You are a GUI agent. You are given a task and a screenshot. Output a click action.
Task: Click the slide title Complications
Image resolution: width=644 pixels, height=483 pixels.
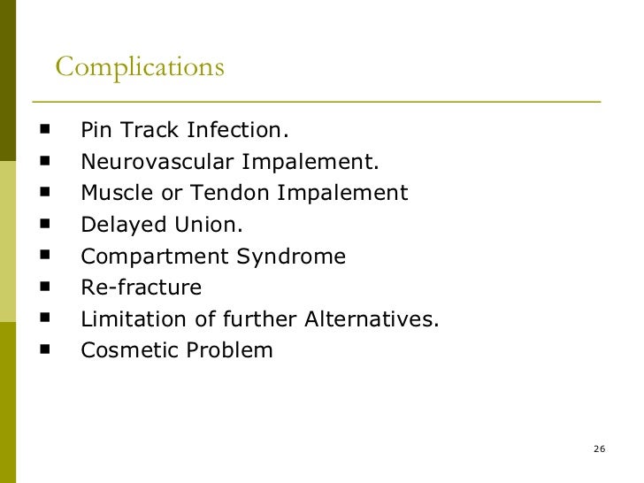pos(140,67)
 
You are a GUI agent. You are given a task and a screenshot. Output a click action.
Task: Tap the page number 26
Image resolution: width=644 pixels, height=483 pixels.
pos(599,450)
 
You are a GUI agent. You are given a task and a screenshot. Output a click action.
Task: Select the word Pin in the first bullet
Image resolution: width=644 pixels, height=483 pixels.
pos(96,131)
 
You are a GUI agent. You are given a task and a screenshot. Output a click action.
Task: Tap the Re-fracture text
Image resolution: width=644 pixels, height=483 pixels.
pos(141,287)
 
